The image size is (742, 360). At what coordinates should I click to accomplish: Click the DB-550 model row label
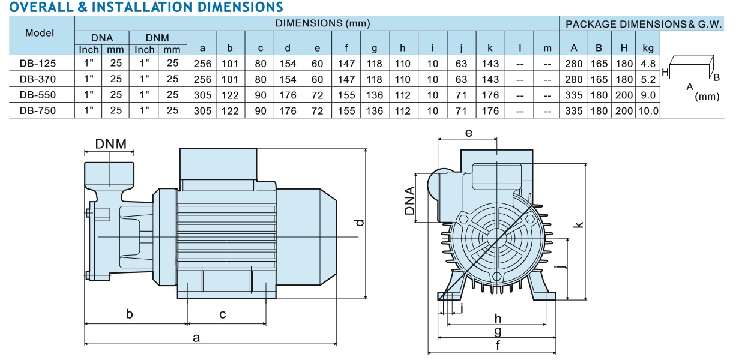pyautogui.click(x=37, y=95)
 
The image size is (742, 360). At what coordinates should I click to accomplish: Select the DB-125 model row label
pyautogui.click(x=37, y=63)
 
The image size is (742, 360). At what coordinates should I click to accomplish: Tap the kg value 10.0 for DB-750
pyautogui.click(x=648, y=111)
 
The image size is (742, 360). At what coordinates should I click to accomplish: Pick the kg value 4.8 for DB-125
pyautogui.click(x=648, y=63)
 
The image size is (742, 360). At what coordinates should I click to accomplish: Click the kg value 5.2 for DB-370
pyautogui.click(x=648, y=79)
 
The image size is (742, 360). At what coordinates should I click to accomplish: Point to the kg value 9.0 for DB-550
pyautogui.click(x=648, y=95)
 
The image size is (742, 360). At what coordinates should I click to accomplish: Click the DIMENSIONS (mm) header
pyautogui.click(x=322, y=24)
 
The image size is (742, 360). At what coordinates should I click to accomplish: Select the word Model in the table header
pyautogui.click(x=40, y=33)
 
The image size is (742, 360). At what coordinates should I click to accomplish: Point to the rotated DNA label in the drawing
pyautogui.click(x=410, y=201)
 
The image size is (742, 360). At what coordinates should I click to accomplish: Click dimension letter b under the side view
pyautogui.click(x=129, y=314)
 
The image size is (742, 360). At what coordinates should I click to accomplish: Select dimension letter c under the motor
pyautogui.click(x=222, y=314)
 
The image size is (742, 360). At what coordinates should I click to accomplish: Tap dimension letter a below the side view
pyautogui.click(x=196, y=338)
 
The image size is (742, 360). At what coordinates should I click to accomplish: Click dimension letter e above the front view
pyautogui.click(x=469, y=132)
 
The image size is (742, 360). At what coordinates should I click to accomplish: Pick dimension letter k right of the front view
pyautogui.click(x=579, y=224)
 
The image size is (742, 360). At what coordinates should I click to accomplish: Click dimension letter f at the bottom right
pyautogui.click(x=498, y=346)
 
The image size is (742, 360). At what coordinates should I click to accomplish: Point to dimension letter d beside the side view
pyautogui.click(x=359, y=223)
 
